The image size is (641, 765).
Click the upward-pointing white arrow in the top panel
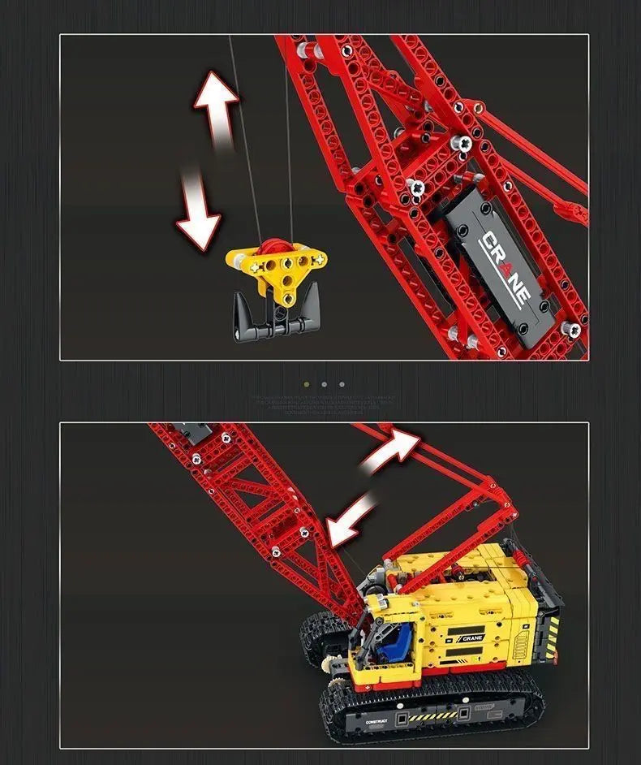pyautogui.click(x=216, y=106)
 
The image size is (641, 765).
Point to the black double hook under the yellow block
pyautogui.click(x=274, y=320)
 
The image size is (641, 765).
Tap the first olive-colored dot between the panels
pyautogui.click(x=306, y=384)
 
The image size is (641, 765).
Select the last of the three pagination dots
pyautogui.click(x=342, y=384)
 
